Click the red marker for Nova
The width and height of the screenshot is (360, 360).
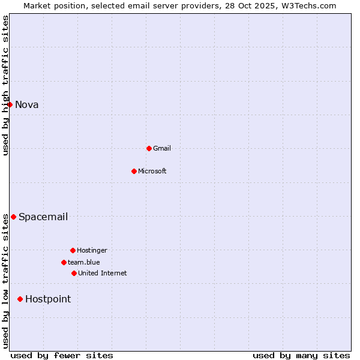coord(10,105)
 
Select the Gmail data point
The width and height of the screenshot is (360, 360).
coord(149,148)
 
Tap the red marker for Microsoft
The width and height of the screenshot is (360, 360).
coord(134,171)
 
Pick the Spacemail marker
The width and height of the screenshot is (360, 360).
coord(13,217)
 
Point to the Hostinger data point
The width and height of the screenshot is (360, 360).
coord(73,250)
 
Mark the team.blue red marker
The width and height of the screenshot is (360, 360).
coord(64,262)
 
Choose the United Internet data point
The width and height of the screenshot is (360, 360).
coord(74,273)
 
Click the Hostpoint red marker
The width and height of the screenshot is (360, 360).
coord(20,299)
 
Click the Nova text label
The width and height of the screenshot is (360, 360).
coord(27,105)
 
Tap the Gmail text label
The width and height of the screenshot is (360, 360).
coord(162,148)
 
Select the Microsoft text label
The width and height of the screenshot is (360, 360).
coord(152,171)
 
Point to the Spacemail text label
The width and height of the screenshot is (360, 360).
coord(43,217)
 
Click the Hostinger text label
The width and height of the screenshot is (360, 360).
coord(92,250)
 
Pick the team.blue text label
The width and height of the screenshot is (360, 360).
coord(84,262)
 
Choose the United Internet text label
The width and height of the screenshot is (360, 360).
coord(103,273)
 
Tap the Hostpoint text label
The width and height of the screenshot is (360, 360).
coord(48,299)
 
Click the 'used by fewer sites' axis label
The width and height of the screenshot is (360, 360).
coord(62,356)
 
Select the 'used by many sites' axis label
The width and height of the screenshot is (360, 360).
coord(301,356)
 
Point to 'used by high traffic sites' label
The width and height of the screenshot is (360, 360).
coord(5,85)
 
